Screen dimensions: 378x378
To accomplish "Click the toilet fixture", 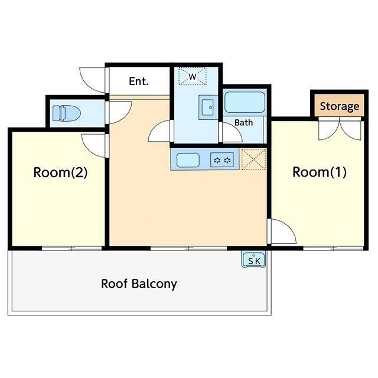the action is click(66, 113).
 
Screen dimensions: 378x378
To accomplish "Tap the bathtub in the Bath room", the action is click(245, 102).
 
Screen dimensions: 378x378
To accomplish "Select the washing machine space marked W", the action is click(193, 76).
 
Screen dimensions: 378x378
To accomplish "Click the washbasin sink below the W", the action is click(208, 107).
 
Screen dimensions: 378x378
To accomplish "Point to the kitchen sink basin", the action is click(188, 160).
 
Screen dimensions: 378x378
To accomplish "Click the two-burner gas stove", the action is click(222, 160).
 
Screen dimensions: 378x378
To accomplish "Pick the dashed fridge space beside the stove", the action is click(253, 159).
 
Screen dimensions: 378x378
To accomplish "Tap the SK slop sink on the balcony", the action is click(253, 259).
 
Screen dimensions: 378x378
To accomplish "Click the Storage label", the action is click(340, 106).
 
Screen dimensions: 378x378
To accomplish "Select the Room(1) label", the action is click(320, 172).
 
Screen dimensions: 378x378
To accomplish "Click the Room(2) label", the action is click(60, 172).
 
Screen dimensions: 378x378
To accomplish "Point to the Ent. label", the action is click(139, 82).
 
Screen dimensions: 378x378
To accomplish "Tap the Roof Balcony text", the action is click(139, 284).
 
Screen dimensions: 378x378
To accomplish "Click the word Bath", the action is click(243, 123).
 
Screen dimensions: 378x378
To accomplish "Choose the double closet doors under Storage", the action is click(340, 129).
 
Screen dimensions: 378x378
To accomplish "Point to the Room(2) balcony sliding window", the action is click(72, 248).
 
